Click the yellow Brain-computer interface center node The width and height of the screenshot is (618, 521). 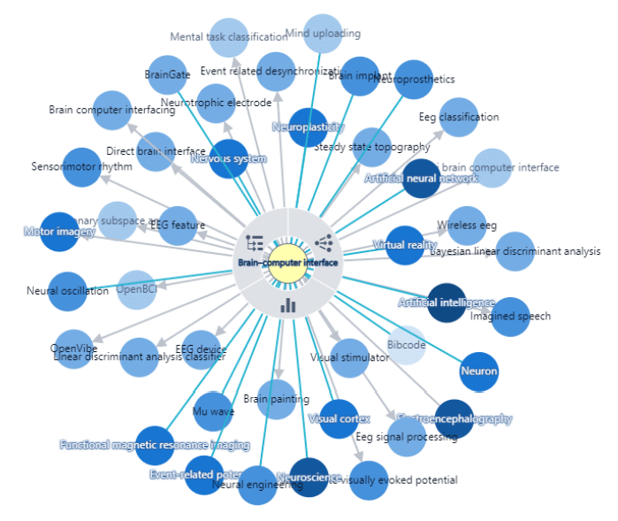(x=287, y=262)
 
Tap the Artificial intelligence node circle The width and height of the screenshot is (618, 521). (x=446, y=303)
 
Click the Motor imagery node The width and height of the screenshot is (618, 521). (x=60, y=232)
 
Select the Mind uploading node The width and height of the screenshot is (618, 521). (x=323, y=34)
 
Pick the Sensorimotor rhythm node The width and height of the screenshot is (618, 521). (x=81, y=166)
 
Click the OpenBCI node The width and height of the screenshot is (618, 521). (x=136, y=289)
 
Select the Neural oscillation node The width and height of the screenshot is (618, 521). (x=67, y=291)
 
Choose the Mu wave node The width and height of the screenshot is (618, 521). (x=213, y=411)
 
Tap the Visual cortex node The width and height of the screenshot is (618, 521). (x=338, y=418)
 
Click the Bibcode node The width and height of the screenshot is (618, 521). (x=407, y=345)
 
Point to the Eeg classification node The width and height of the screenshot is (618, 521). (x=459, y=117)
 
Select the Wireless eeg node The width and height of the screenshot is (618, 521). (x=468, y=225)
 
